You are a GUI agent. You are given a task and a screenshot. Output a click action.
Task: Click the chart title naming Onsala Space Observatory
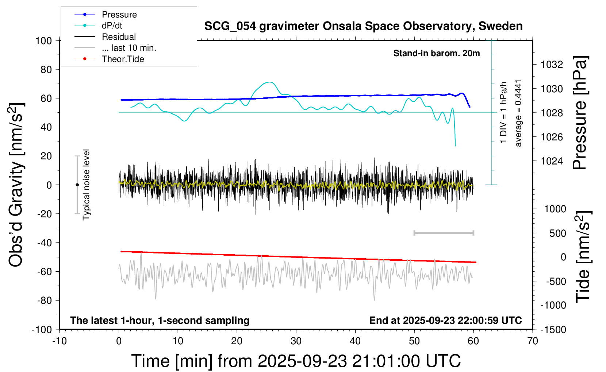click(x=363, y=26)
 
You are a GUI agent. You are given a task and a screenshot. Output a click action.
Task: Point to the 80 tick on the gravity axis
click(x=46, y=69)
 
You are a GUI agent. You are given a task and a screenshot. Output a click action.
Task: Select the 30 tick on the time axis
click(x=296, y=341)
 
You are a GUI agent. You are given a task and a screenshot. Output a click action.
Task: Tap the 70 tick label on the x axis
click(x=533, y=341)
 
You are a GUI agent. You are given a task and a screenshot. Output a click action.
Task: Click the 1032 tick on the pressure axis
click(x=552, y=65)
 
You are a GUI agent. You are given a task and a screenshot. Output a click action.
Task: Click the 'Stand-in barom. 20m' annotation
click(x=437, y=53)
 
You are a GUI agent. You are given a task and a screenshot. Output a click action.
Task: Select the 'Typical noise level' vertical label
click(x=86, y=185)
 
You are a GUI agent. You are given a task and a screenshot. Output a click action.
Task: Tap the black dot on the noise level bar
click(x=77, y=185)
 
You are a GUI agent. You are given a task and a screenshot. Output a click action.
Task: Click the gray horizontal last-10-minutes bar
click(x=444, y=233)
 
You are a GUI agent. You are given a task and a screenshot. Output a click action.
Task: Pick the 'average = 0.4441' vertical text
click(x=518, y=113)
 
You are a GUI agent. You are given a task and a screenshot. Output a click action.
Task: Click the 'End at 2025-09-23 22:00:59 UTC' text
click(x=445, y=320)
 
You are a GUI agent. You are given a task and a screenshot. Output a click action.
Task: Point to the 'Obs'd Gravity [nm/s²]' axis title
click(x=16, y=185)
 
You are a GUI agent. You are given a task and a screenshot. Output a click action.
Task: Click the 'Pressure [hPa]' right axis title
click(x=579, y=113)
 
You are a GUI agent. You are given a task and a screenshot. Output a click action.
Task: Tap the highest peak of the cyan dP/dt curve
click(x=269, y=82)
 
